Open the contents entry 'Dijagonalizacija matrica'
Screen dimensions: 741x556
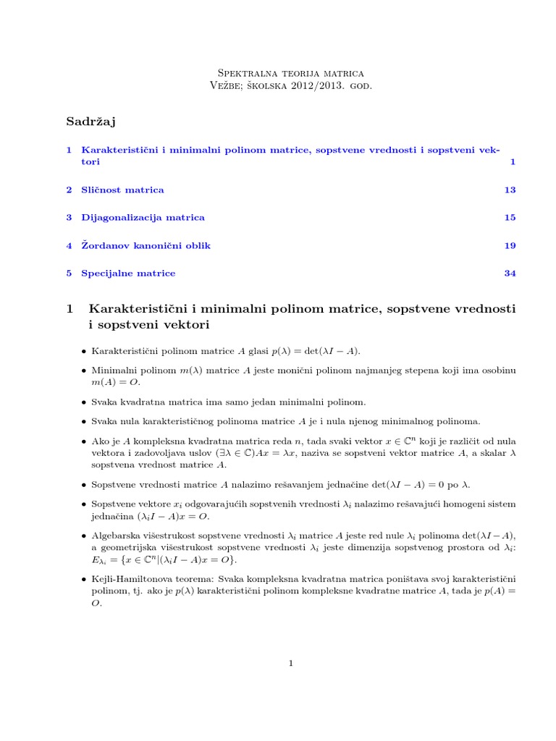click(143, 218)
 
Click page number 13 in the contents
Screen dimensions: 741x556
click(510, 190)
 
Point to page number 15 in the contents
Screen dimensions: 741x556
click(510, 218)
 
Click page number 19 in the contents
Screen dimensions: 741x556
click(510, 246)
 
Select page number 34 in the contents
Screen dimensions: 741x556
click(510, 274)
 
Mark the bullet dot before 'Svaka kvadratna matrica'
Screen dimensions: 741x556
click(84, 402)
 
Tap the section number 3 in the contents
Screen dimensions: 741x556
click(68, 218)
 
